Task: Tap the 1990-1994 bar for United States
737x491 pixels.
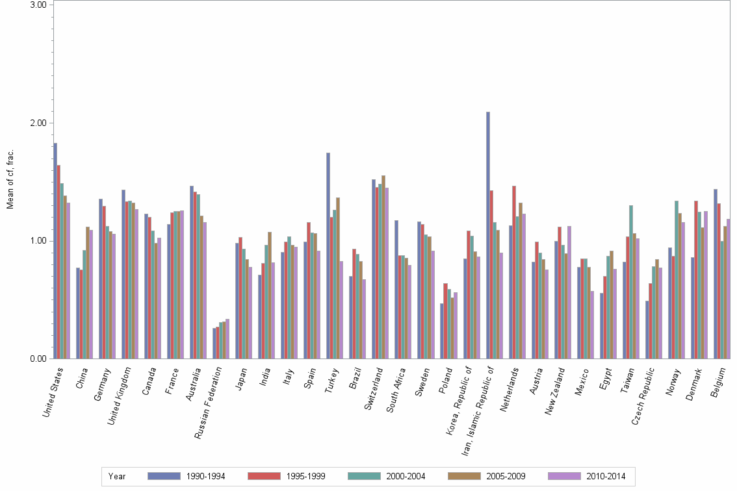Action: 55,251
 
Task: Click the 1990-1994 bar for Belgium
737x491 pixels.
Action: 716,273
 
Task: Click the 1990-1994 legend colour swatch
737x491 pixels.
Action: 163,476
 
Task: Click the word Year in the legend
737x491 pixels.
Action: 118,477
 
